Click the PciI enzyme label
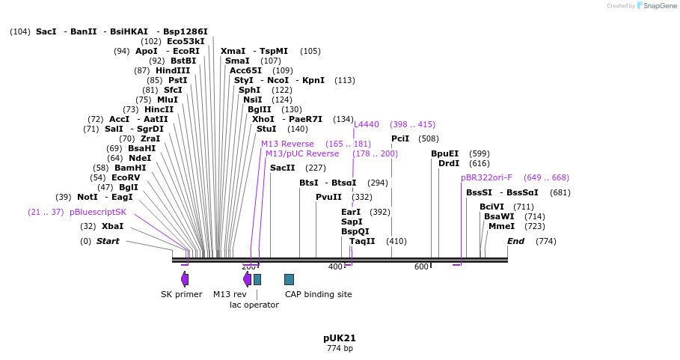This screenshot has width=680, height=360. click(400, 138)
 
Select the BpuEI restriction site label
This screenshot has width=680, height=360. click(444, 153)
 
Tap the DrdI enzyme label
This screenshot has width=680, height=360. click(449, 163)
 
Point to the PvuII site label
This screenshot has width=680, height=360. click(328, 197)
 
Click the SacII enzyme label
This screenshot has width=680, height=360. click(282, 168)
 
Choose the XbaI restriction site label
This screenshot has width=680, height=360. click(112, 226)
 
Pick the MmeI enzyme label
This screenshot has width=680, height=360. click(501, 226)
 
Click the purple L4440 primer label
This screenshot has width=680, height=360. click(367, 124)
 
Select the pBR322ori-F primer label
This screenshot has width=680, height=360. click(486, 177)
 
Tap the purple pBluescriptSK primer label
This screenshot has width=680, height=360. click(98, 212)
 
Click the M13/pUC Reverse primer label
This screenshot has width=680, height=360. click(302, 153)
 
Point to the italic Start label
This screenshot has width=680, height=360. click(108, 241)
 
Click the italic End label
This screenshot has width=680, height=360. click(515, 241)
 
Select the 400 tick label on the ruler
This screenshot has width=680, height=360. click(335, 267)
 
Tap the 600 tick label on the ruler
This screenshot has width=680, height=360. click(422, 267)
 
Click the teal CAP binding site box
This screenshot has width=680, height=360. click(289, 279)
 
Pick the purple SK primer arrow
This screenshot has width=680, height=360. click(185, 279)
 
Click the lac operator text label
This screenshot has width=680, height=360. click(254, 305)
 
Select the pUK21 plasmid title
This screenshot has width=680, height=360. click(340, 338)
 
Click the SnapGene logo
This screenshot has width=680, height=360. click(655, 5)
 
